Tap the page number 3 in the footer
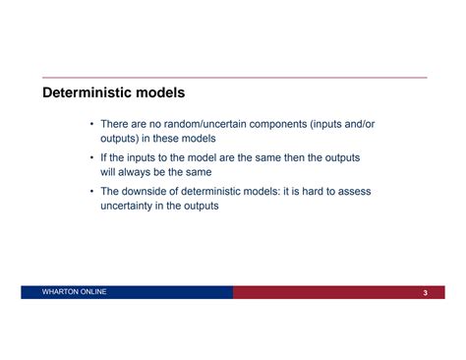[425, 294]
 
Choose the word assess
[353, 192]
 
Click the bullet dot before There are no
[91, 125]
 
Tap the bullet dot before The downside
[91, 192]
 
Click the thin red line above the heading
[233, 78]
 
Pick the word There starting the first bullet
[117, 125]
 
